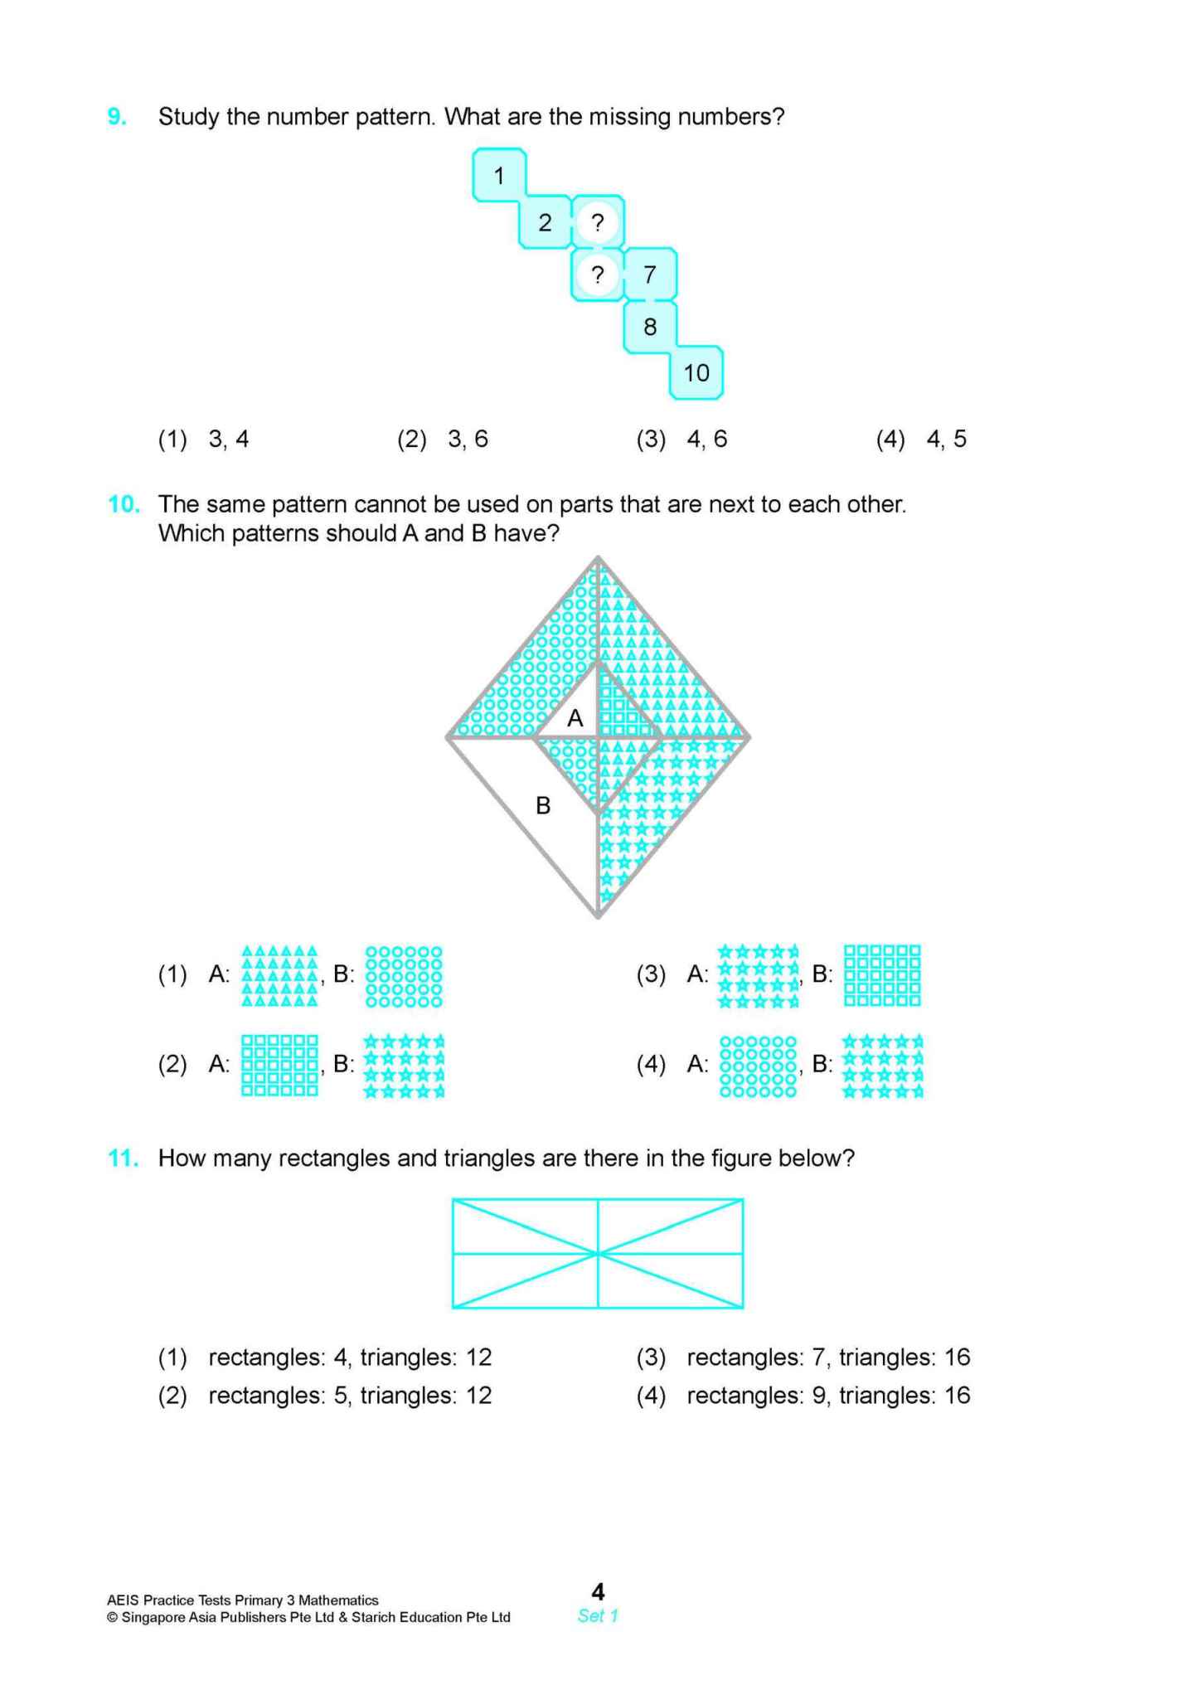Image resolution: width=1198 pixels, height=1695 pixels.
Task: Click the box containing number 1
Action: [499, 176]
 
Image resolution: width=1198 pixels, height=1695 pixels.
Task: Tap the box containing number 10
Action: [696, 373]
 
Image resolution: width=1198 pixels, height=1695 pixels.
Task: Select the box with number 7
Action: [650, 274]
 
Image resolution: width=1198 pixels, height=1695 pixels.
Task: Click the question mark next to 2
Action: [597, 222]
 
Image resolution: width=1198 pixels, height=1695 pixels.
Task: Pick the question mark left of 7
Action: [597, 274]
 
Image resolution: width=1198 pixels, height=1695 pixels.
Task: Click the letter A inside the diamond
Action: [575, 718]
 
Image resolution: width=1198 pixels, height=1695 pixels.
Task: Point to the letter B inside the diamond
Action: [543, 805]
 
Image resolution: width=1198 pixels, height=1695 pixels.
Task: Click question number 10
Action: [123, 504]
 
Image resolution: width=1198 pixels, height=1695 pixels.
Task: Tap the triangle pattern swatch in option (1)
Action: [279, 975]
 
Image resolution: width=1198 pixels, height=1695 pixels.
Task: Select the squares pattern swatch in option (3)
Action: [882, 975]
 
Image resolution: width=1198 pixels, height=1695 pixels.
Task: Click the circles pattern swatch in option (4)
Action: [758, 1066]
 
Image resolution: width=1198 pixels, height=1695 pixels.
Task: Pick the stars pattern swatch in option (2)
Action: [404, 1066]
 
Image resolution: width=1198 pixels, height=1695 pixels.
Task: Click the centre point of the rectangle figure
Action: [598, 1253]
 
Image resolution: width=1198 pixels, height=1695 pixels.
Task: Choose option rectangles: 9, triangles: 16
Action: [827, 1396]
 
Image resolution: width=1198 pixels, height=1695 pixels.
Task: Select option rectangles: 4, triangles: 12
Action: [349, 1357]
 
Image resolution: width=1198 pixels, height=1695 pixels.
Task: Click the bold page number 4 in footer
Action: [598, 1591]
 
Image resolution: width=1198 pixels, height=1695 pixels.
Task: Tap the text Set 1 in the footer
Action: [598, 1615]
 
